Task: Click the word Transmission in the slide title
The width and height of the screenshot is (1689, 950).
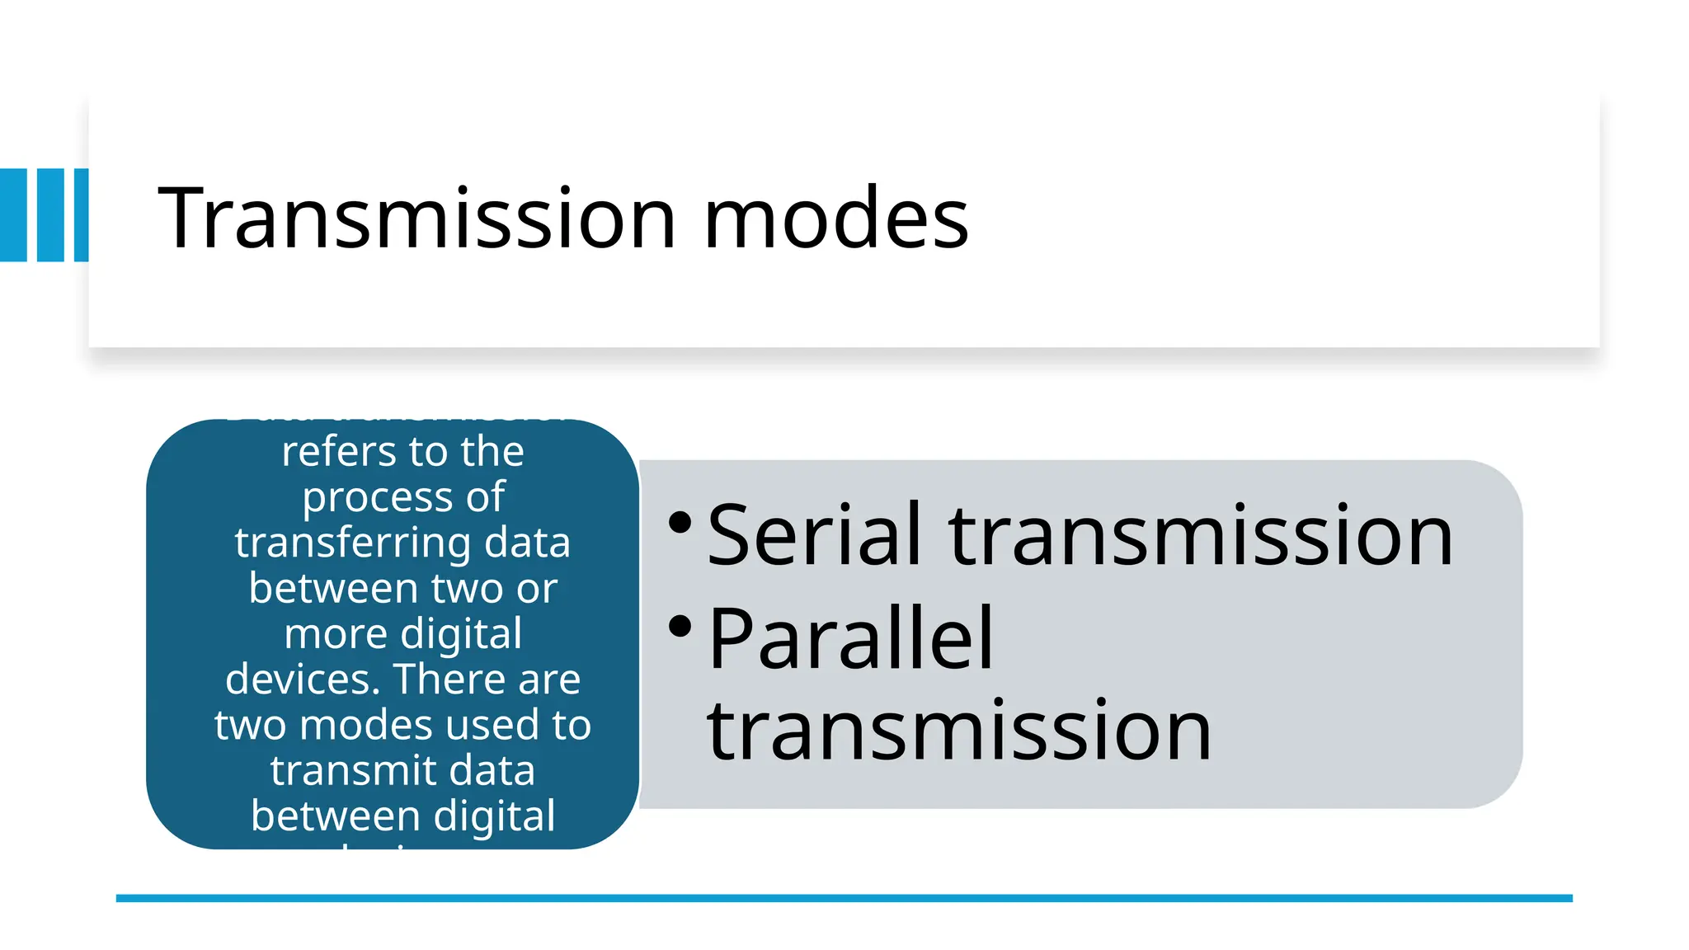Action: pyautogui.click(x=416, y=218)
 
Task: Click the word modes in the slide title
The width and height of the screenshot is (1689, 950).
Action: pyautogui.click(x=835, y=218)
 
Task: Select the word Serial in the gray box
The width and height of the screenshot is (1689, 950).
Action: pyautogui.click(x=813, y=536)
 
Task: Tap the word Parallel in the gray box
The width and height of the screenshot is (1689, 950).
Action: pyautogui.click(x=850, y=638)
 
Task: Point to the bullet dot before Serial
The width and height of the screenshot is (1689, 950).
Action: pyautogui.click(x=680, y=522)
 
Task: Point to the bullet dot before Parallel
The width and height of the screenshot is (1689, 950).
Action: pyautogui.click(x=680, y=627)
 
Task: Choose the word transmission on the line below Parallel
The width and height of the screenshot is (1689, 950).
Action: pyautogui.click(x=959, y=730)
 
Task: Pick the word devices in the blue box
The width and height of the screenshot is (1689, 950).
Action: pyautogui.click(x=302, y=680)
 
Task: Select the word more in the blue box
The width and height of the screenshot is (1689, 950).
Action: pyautogui.click(x=336, y=634)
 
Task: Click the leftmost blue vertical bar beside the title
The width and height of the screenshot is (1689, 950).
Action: pyautogui.click(x=13, y=215)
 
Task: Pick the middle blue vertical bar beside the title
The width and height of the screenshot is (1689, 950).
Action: pyautogui.click(x=50, y=215)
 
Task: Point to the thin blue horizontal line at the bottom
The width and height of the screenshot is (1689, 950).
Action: pyautogui.click(x=844, y=898)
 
